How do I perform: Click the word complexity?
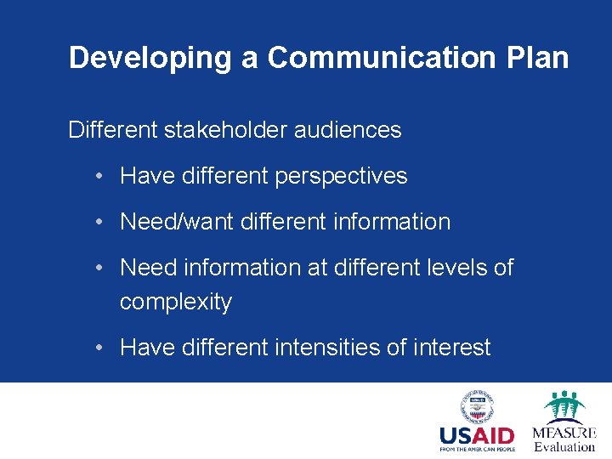(176, 302)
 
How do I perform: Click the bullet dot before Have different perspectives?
(100, 177)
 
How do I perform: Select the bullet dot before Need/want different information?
(100, 222)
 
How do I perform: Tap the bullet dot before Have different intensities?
(100, 348)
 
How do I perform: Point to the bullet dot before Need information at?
(100, 268)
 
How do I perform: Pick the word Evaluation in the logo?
(564, 447)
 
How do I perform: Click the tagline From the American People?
(477, 450)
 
